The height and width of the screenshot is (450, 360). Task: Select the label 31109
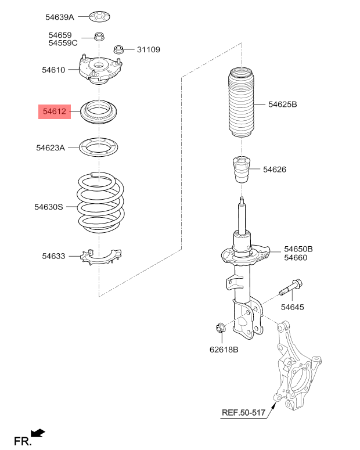click(x=148, y=50)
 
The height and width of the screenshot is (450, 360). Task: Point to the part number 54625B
click(x=282, y=105)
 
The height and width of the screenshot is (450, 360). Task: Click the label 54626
click(x=275, y=170)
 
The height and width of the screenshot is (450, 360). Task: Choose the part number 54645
click(x=292, y=307)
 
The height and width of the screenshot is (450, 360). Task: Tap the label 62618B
click(x=224, y=350)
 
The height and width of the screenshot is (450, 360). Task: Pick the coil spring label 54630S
click(x=48, y=206)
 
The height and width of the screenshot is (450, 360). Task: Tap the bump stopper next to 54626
click(x=240, y=170)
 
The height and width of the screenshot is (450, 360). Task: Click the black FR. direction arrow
click(x=38, y=432)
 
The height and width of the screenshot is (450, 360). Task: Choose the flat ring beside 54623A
click(x=100, y=147)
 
